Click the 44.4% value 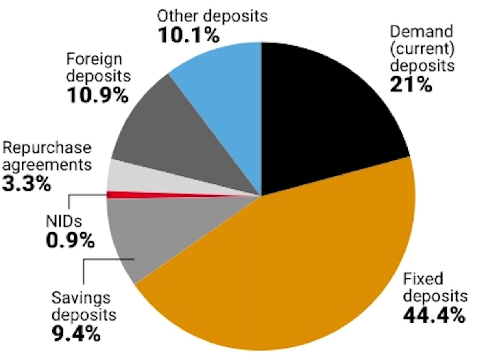434,314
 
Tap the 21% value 411,85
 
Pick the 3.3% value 27,183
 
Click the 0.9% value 70,241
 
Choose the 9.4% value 76,334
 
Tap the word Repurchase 46,147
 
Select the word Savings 81,298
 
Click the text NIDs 63,222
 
